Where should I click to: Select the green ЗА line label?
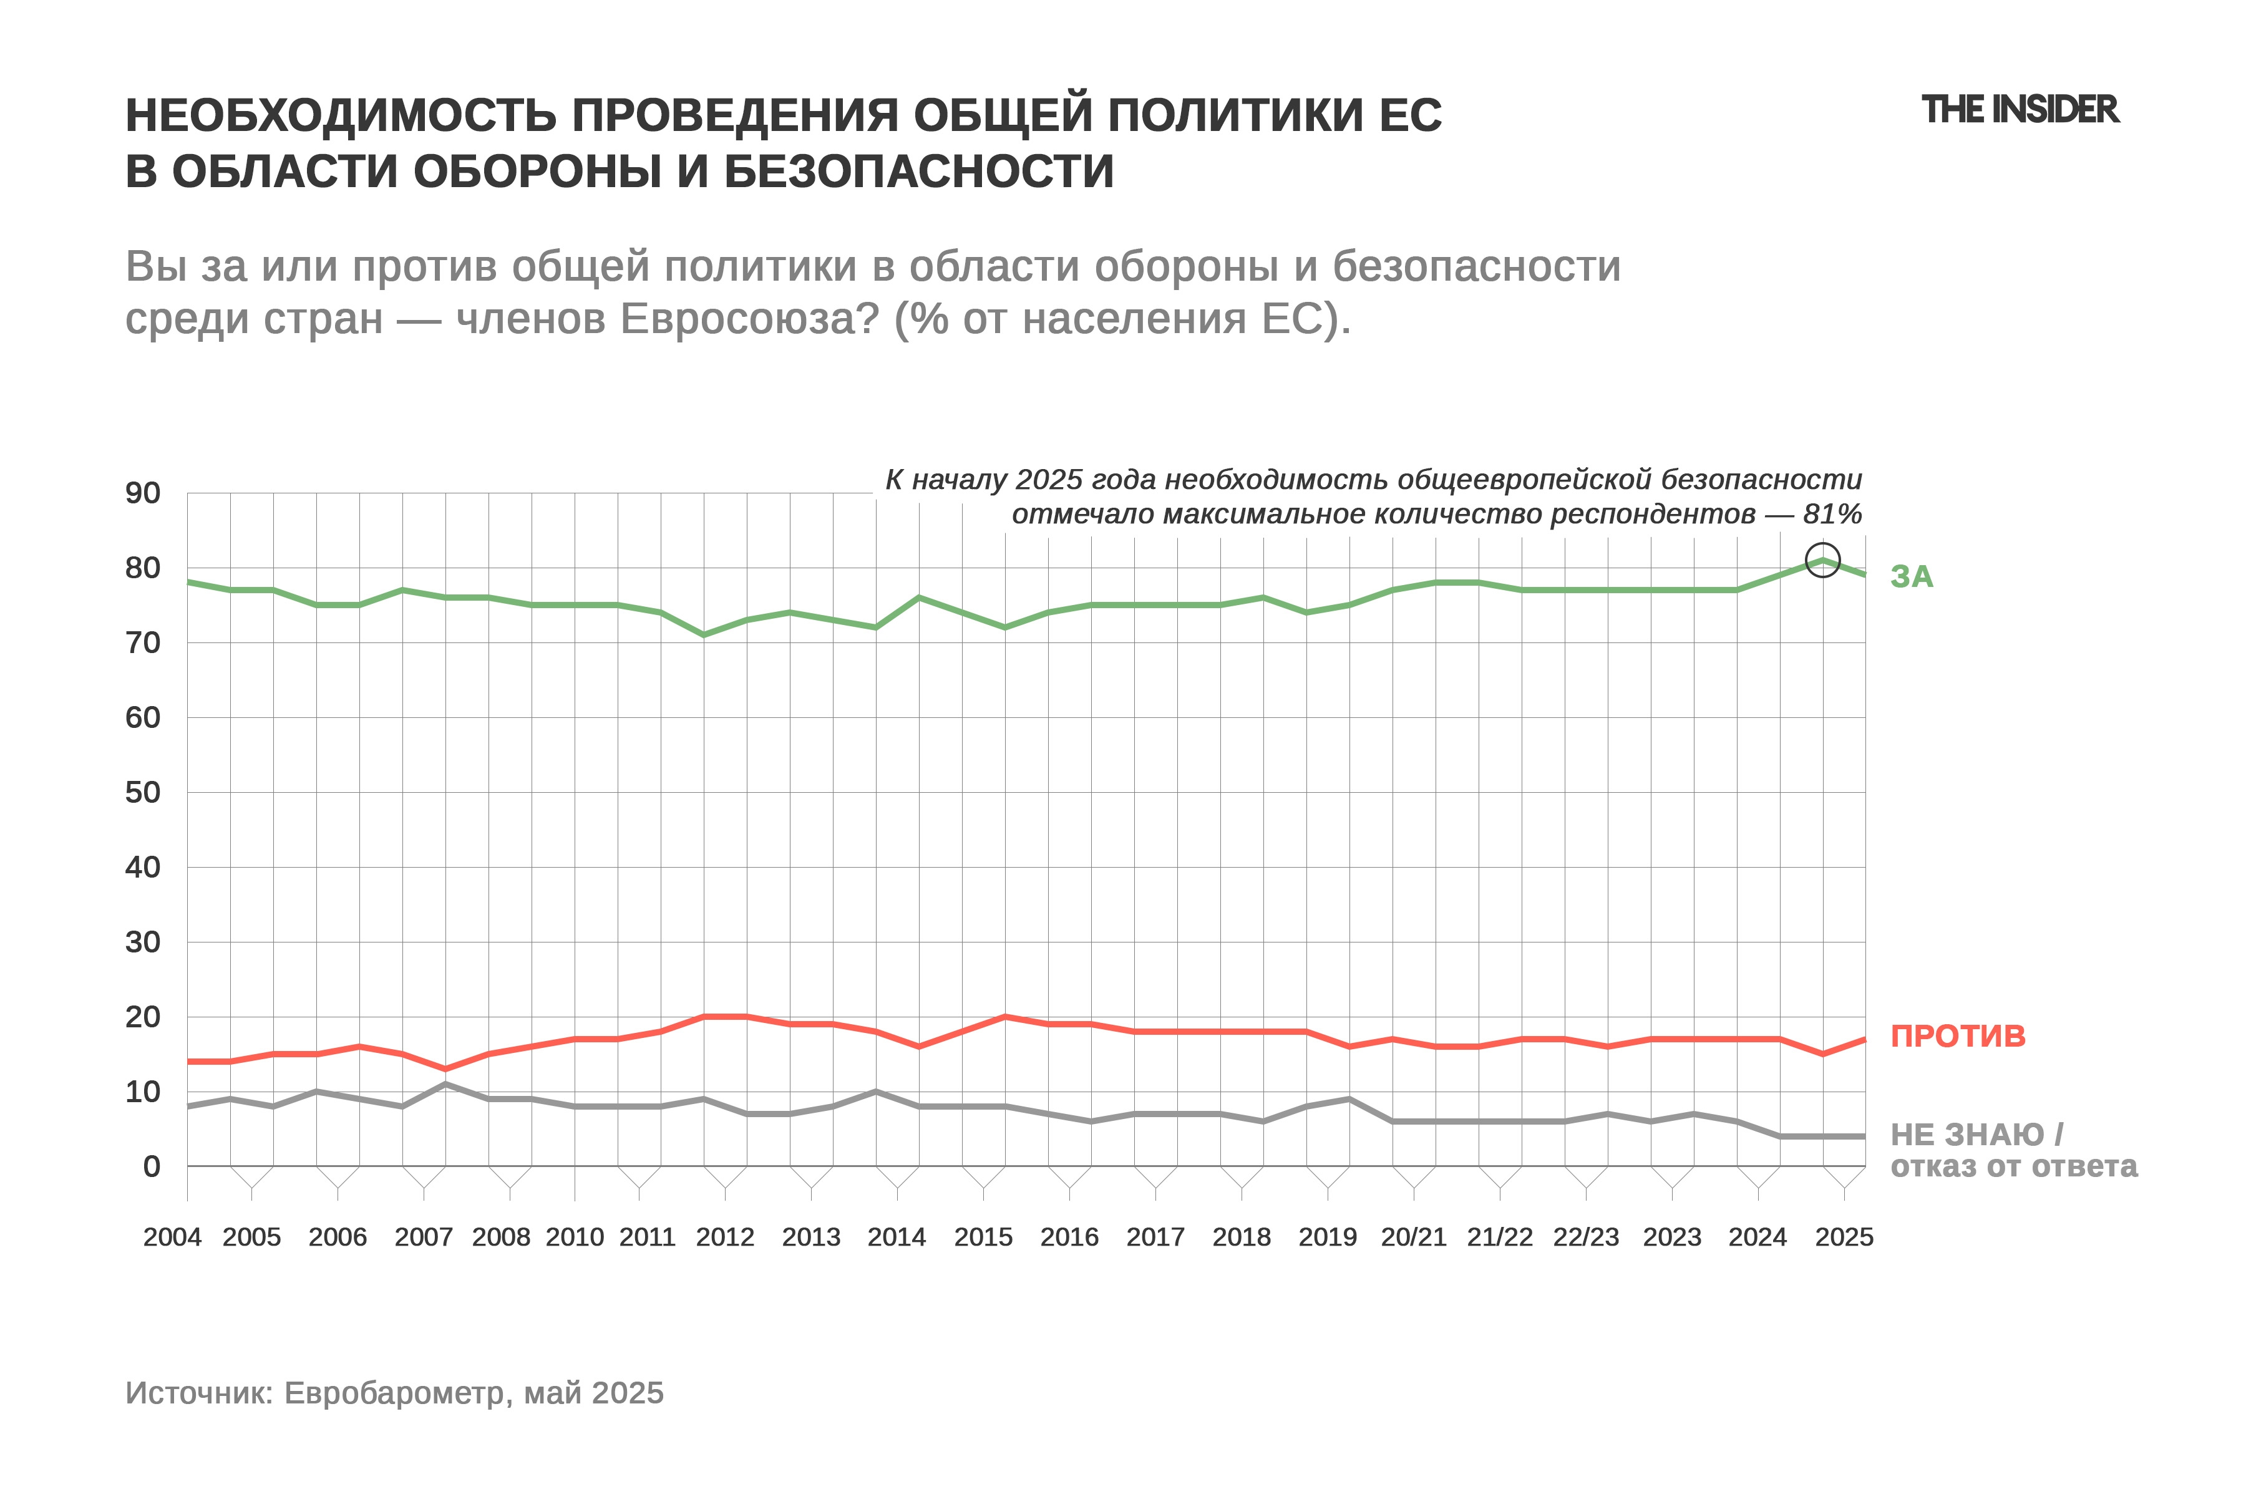point(1912,576)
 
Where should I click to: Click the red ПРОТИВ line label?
point(1958,1036)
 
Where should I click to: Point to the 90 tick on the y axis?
point(143,493)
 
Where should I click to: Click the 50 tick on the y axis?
point(143,792)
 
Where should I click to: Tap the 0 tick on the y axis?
point(152,1166)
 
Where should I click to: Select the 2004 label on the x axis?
point(172,1238)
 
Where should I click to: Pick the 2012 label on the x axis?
point(725,1238)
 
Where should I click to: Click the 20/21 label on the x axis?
point(1413,1238)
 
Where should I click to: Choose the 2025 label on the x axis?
point(1844,1238)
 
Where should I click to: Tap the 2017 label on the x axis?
point(1155,1238)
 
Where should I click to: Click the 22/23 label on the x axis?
point(1586,1238)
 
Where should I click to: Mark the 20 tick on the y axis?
point(143,1017)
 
